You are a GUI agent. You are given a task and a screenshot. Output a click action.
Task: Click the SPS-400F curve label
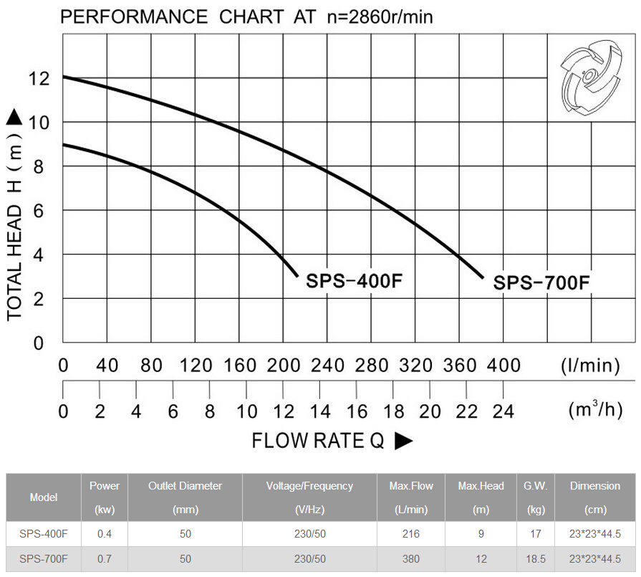[355, 280]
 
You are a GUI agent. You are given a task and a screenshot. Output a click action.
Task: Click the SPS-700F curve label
[541, 282]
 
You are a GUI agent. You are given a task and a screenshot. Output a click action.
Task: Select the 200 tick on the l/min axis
[283, 366]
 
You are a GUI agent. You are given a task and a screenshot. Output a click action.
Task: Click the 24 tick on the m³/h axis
[503, 411]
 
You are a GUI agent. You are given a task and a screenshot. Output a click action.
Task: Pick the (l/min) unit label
[590, 366]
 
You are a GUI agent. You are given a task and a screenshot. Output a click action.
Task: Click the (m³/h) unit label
[594, 410]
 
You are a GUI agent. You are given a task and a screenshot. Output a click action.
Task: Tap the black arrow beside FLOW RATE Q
[404, 441]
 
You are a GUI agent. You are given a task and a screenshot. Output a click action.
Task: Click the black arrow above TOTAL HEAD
[15, 118]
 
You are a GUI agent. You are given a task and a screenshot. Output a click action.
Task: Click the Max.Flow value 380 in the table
[411, 559]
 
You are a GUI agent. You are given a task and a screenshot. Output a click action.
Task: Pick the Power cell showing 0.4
[105, 534]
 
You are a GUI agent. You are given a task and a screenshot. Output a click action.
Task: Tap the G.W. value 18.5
[535, 559]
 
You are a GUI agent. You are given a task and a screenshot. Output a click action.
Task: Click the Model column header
[44, 497]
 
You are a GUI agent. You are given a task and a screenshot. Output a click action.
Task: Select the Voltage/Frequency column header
[309, 497]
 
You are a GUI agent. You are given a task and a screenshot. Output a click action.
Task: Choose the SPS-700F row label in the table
[44, 559]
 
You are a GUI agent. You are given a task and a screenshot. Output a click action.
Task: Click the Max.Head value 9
[481, 534]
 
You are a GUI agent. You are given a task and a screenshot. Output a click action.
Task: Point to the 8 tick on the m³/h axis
[210, 411]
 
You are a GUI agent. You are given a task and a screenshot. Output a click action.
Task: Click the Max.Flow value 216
[411, 534]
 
